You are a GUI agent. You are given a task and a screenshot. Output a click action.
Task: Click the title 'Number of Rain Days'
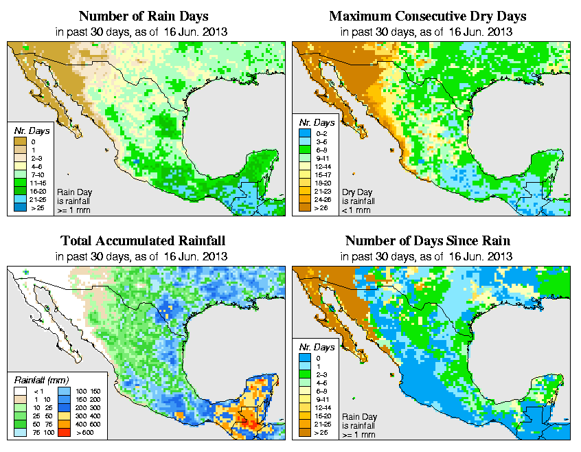tap(143, 16)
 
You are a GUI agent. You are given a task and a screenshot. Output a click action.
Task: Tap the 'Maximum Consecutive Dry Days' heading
tap(428, 16)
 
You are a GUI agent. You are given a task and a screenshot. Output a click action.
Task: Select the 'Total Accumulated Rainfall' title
tap(143, 241)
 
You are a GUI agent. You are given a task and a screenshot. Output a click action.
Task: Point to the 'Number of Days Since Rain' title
tap(428, 241)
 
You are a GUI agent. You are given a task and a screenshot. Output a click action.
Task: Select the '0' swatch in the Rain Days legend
tap(19, 142)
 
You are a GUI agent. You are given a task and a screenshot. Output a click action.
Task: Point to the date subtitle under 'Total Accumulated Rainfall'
tap(143, 256)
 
